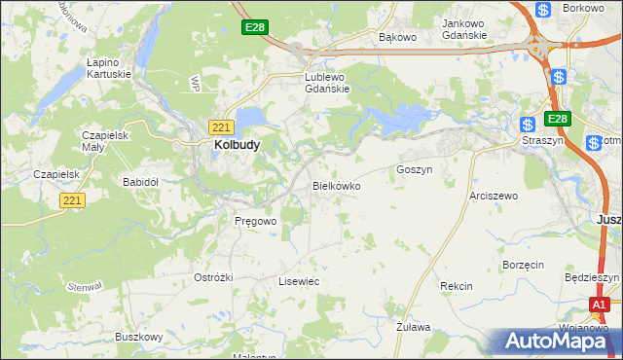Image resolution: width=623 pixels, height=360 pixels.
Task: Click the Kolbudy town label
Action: coord(235,145)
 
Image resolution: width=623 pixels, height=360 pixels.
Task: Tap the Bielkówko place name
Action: coord(337,185)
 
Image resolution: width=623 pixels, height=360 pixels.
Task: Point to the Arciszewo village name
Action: coord(494,196)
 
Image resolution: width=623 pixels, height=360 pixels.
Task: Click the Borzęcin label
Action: coord(523,264)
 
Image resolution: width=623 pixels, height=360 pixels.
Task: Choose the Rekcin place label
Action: coord(456,286)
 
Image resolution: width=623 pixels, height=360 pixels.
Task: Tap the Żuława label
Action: coord(414,328)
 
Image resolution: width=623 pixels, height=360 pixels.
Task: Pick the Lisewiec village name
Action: coord(299,281)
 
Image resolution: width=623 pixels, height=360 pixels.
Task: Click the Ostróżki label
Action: coord(213,277)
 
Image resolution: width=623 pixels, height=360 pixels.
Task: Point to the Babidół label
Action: coord(140,182)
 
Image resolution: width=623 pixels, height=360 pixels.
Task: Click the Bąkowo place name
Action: coord(397,37)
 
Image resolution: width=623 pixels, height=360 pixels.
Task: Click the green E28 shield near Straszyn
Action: coord(556,119)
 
